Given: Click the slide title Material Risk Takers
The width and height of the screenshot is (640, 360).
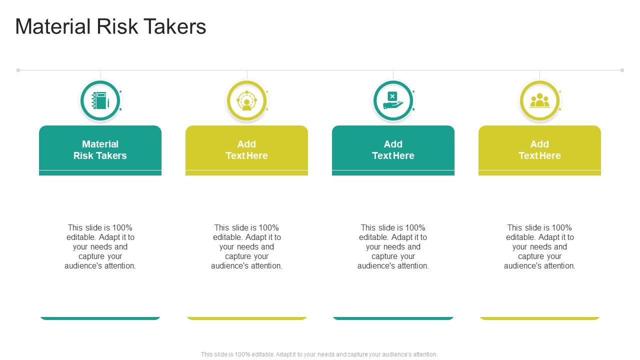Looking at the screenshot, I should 110,26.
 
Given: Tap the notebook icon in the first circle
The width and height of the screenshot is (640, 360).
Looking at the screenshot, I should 100,101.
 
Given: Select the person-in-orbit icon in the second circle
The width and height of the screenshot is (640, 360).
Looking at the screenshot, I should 246,101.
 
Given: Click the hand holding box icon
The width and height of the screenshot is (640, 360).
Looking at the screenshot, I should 393,101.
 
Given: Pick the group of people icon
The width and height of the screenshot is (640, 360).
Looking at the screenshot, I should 539,101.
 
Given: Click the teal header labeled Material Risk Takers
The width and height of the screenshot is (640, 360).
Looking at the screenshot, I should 100,150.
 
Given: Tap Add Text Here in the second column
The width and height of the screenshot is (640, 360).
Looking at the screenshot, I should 246,150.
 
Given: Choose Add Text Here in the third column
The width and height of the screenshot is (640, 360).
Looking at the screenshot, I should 393,150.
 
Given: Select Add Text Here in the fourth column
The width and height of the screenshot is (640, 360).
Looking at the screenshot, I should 539,150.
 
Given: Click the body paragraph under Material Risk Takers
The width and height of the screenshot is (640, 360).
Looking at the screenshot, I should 100,246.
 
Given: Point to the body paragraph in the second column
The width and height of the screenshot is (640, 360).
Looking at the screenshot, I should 246,246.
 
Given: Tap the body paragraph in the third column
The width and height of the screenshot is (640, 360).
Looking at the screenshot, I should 393,246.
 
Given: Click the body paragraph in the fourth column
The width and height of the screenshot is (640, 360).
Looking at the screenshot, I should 539,246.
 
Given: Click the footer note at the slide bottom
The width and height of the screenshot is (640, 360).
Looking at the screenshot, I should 319,354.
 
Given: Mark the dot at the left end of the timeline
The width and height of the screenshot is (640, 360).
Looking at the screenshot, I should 18,70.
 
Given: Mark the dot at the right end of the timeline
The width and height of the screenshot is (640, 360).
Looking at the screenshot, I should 622,70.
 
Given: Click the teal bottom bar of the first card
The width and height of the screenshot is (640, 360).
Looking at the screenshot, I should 100,318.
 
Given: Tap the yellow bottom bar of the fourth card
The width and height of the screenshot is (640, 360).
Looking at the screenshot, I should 539,318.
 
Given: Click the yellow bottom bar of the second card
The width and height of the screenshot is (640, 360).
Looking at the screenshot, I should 246,318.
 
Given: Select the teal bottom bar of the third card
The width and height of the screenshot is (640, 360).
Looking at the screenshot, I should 393,318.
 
